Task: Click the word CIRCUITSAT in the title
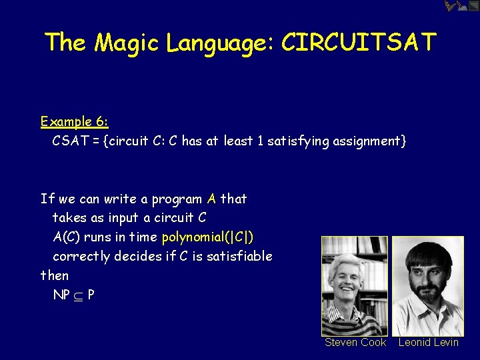pyautogui.click(x=358, y=42)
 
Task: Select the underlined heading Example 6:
pyautogui.click(x=74, y=121)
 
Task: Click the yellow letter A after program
pyautogui.click(x=211, y=199)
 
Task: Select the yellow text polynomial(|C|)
pyautogui.click(x=207, y=237)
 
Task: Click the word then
pyautogui.click(x=55, y=275)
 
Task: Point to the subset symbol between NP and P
pyautogui.click(x=79, y=295)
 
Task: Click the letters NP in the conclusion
pyautogui.click(x=62, y=294)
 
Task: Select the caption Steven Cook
pyautogui.click(x=355, y=342)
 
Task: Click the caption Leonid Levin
pyautogui.click(x=429, y=342)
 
